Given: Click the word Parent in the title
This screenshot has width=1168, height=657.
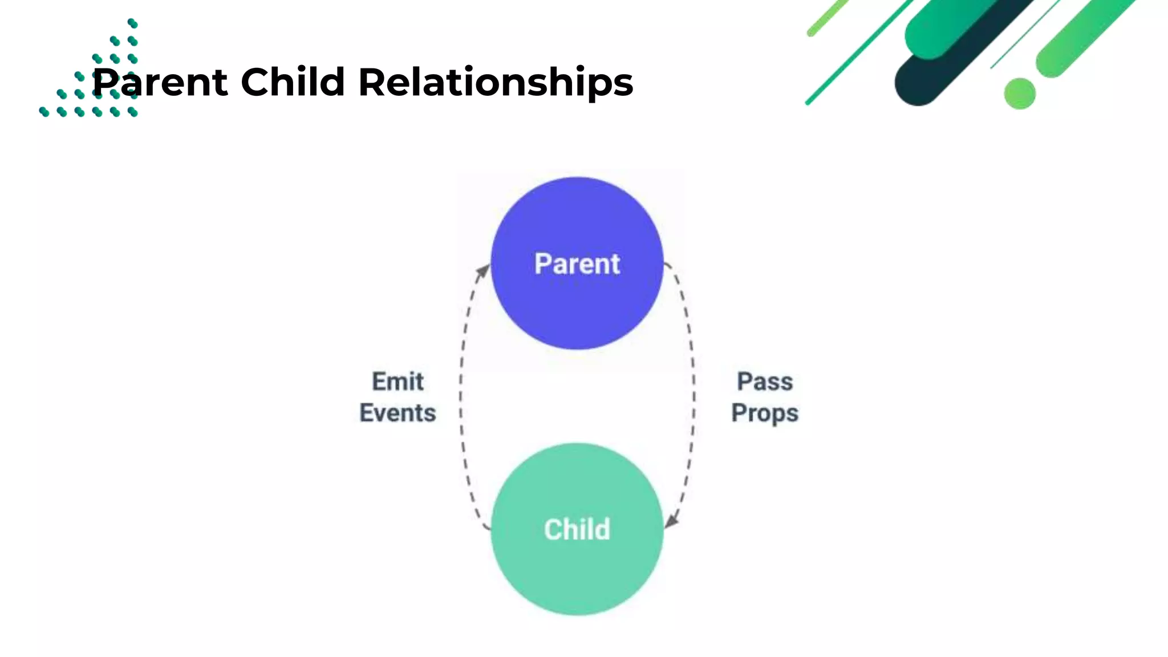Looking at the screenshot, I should point(160,82).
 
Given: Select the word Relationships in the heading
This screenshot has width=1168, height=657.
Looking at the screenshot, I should point(495,83).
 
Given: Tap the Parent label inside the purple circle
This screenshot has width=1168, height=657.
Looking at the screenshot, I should point(577,264).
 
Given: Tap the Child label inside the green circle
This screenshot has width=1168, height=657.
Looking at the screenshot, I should point(577,529).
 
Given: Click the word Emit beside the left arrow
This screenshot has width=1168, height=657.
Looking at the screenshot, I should point(398,382).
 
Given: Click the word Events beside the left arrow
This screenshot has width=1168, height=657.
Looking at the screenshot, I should point(398,413).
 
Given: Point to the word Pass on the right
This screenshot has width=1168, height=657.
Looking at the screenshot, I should point(764,382).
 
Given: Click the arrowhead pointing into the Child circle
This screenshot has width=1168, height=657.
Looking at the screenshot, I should point(672,520).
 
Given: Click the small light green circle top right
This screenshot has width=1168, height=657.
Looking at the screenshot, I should point(1019,94).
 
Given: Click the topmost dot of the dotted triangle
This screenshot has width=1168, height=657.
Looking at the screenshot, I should point(132,23).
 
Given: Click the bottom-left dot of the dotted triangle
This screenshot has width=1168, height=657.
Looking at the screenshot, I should point(44,112).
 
